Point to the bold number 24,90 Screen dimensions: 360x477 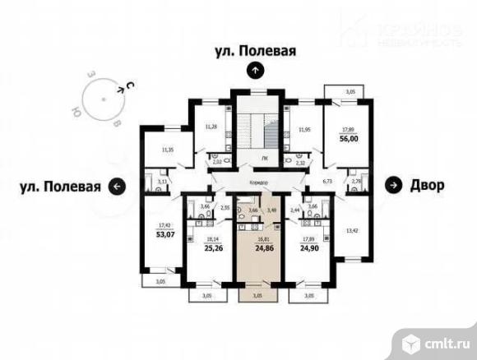coord(311,244)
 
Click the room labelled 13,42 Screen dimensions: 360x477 coord(351,231)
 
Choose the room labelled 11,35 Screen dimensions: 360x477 coord(168,150)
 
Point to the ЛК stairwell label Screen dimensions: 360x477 coord(264,158)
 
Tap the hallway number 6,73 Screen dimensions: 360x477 coord(326,180)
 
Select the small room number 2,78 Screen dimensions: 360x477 coord(356,182)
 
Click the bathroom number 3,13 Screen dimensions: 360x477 coord(163,182)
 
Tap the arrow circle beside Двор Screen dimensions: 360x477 coord(395,185)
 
